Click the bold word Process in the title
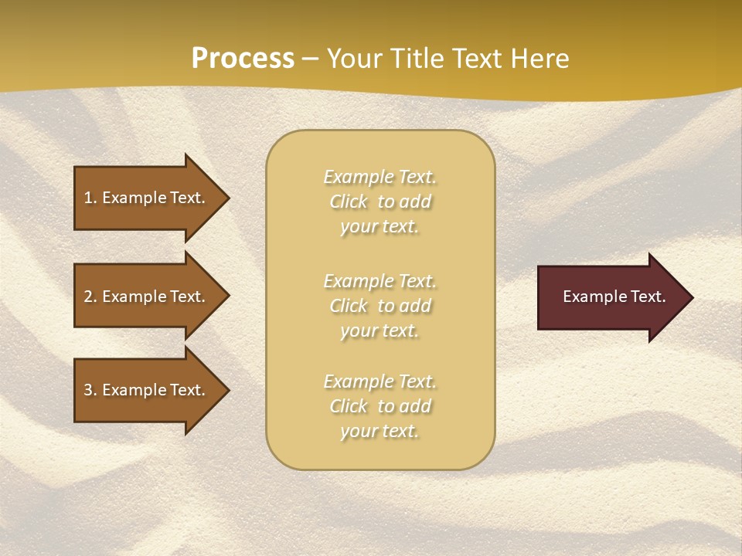243,58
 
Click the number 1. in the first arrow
90,198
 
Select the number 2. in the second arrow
90,297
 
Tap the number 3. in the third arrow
90,390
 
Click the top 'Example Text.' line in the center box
380,177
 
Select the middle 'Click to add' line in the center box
380,306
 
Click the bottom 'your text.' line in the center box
380,431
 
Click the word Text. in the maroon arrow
645,297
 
